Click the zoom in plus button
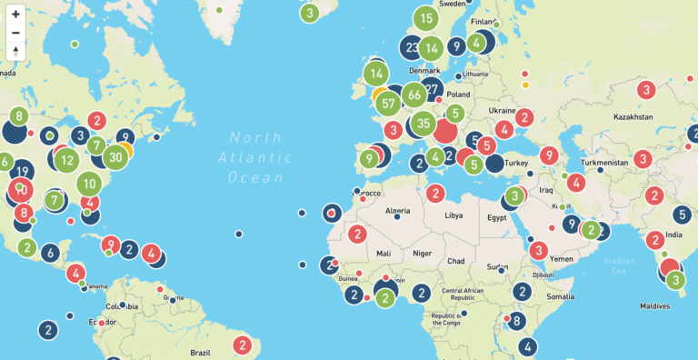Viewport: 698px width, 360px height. [x=16, y=15]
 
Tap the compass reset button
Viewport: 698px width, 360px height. [x=16, y=51]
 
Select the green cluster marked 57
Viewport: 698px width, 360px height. [x=390, y=103]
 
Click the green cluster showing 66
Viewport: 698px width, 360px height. [x=414, y=95]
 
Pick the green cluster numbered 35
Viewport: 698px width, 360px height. [x=423, y=124]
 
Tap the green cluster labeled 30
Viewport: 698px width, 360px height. [x=115, y=156]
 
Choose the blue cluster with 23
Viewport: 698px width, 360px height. [x=413, y=48]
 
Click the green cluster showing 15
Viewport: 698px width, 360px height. [x=426, y=18]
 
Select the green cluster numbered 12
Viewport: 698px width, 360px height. [x=65, y=162]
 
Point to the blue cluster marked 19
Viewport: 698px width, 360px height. [x=24, y=170]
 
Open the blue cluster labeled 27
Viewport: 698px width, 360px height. [x=433, y=89]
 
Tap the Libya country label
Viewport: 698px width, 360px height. [x=453, y=216]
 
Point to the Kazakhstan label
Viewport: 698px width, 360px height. [x=633, y=117]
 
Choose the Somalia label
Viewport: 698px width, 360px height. [x=561, y=296]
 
